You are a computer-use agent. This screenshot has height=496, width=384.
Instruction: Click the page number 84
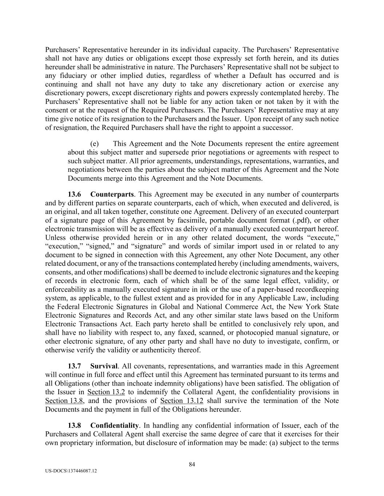pyautogui.click(x=192, y=464)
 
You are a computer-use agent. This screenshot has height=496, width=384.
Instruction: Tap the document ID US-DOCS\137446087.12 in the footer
pyautogui.click(x=71, y=471)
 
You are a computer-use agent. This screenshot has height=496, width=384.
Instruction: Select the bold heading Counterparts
pyautogui.click(x=112, y=194)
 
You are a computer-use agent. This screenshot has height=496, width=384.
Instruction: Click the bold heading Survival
pyautogui.click(x=104, y=366)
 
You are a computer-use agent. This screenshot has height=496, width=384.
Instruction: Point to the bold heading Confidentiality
pyautogui.click(x=115, y=426)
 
